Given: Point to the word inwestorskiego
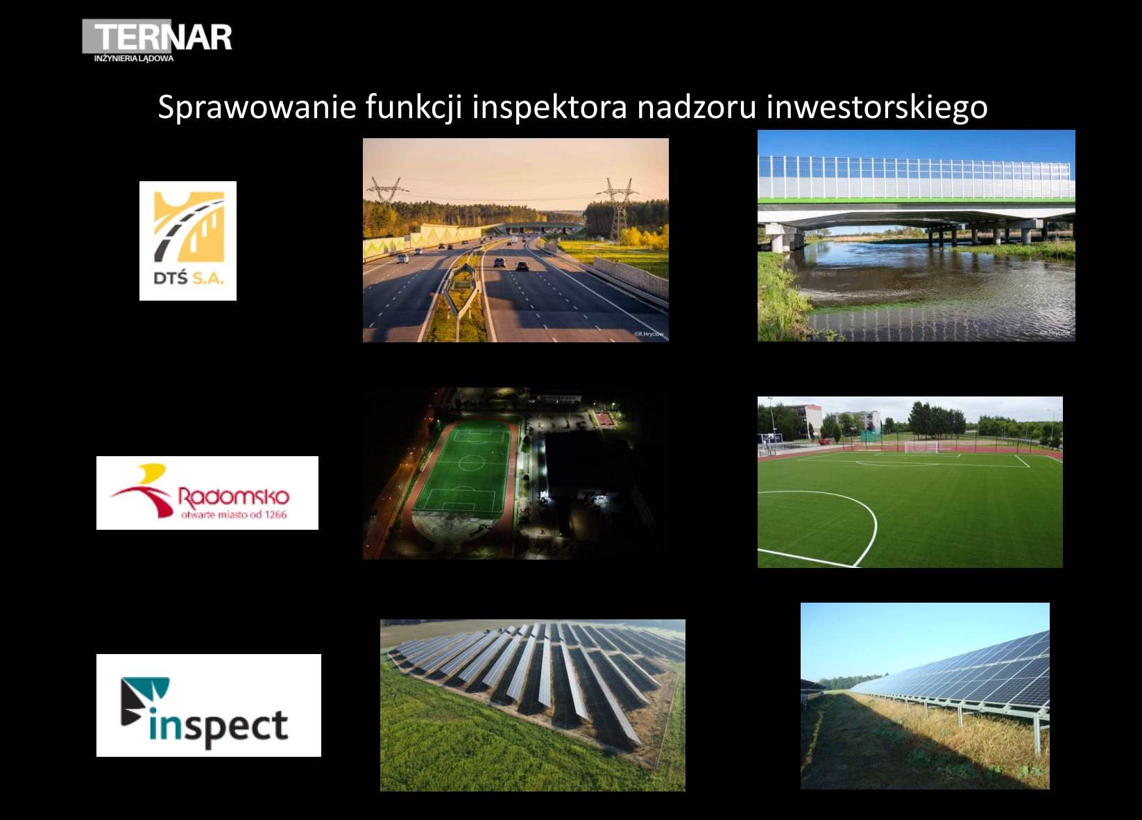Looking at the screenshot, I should tap(876, 107).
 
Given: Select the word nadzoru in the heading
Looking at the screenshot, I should tap(696, 107).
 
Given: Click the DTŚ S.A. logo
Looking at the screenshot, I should tap(188, 240).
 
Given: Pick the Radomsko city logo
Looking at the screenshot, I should tap(207, 492).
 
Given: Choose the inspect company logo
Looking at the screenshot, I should tap(208, 705).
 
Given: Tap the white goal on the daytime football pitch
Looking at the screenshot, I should tap(920, 446).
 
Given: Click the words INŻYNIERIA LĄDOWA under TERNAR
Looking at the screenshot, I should tap(134, 59).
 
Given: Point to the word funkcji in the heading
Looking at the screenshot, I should tap(414, 107).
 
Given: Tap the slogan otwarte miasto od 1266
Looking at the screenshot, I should tap(233, 514).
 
